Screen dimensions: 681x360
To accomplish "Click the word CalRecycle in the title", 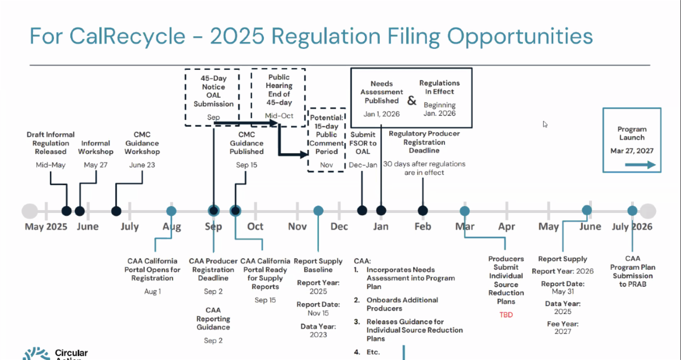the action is pyautogui.click(x=127, y=36).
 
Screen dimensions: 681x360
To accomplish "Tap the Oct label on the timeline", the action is pyautogui.click(x=255, y=227).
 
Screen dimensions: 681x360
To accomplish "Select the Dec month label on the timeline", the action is pyautogui.click(x=339, y=227).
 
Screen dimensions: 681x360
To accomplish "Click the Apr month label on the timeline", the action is pyautogui.click(x=506, y=227).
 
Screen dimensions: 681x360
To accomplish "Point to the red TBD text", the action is pyautogui.click(x=506, y=315).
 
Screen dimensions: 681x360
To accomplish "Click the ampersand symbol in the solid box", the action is pyautogui.click(x=411, y=101).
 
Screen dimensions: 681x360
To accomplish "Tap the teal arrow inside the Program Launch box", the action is pyautogui.click(x=640, y=165).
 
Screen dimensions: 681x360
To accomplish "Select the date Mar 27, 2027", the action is pyautogui.click(x=632, y=151).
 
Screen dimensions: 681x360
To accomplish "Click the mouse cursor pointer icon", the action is pyautogui.click(x=545, y=124).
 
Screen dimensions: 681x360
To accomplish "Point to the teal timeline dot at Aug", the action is pyautogui.click(x=171, y=211).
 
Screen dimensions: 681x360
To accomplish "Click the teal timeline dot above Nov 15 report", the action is pyautogui.click(x=318, y=211).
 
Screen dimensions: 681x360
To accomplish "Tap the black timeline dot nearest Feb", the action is pyautogui.click(x=423, y=211).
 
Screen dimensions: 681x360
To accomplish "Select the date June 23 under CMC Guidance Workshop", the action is pyautogui.click(x=142, y=165).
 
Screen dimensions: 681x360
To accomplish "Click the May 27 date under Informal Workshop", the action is pyautogui.click(x=95, y=165).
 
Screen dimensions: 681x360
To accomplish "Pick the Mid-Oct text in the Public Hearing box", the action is pyautogui.click(x=279, y=116).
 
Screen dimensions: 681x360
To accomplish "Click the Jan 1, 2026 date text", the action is pyautogui.click(x=381, y=114).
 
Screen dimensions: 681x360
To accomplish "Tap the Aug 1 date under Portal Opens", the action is pyautogui.click(x=152, y=291).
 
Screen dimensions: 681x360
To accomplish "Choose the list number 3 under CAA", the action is pyautogui.click(x=356, y=321).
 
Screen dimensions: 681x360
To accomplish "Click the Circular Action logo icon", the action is pyautogui.click(x=36, y=354).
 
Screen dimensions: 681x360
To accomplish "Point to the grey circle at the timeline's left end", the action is pyautogui.click(x=30, y=211).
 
